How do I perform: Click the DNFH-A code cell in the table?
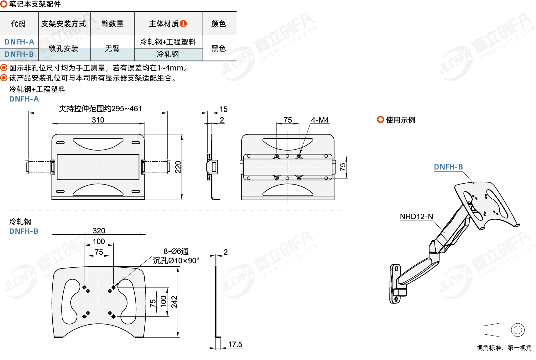click(19, 42)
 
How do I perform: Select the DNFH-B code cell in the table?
click(19, 54)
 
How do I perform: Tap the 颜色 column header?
click(219, 24)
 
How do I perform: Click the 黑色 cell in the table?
click(219, 49)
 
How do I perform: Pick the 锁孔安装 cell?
click(64, 49)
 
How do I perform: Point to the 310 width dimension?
click(98, 120)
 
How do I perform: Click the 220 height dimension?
click(178, 167)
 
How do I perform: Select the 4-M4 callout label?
click(320, 120)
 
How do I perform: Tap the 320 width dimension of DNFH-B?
click(99, 231)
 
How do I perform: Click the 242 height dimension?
click(174, 302)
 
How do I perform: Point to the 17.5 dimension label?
click(235, 344)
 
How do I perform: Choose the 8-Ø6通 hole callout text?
click(176, 251)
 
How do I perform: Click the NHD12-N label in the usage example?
click(416, 217)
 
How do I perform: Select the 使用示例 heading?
click(400, 120)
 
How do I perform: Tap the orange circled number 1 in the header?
click(184, 23)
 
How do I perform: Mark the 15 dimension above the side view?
click(223, 109)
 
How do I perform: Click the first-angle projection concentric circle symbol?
click(518, 330)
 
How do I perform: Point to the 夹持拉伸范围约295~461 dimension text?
click(100, 109)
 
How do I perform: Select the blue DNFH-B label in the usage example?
click(448, 167)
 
